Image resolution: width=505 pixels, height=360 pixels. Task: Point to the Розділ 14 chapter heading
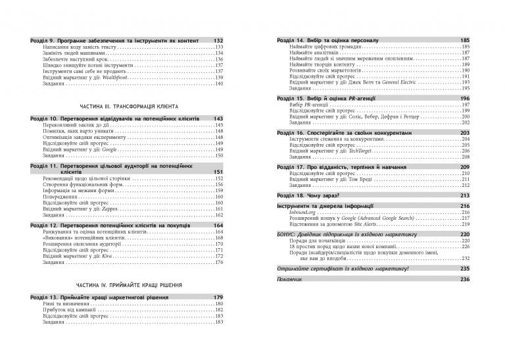[327, 41]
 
